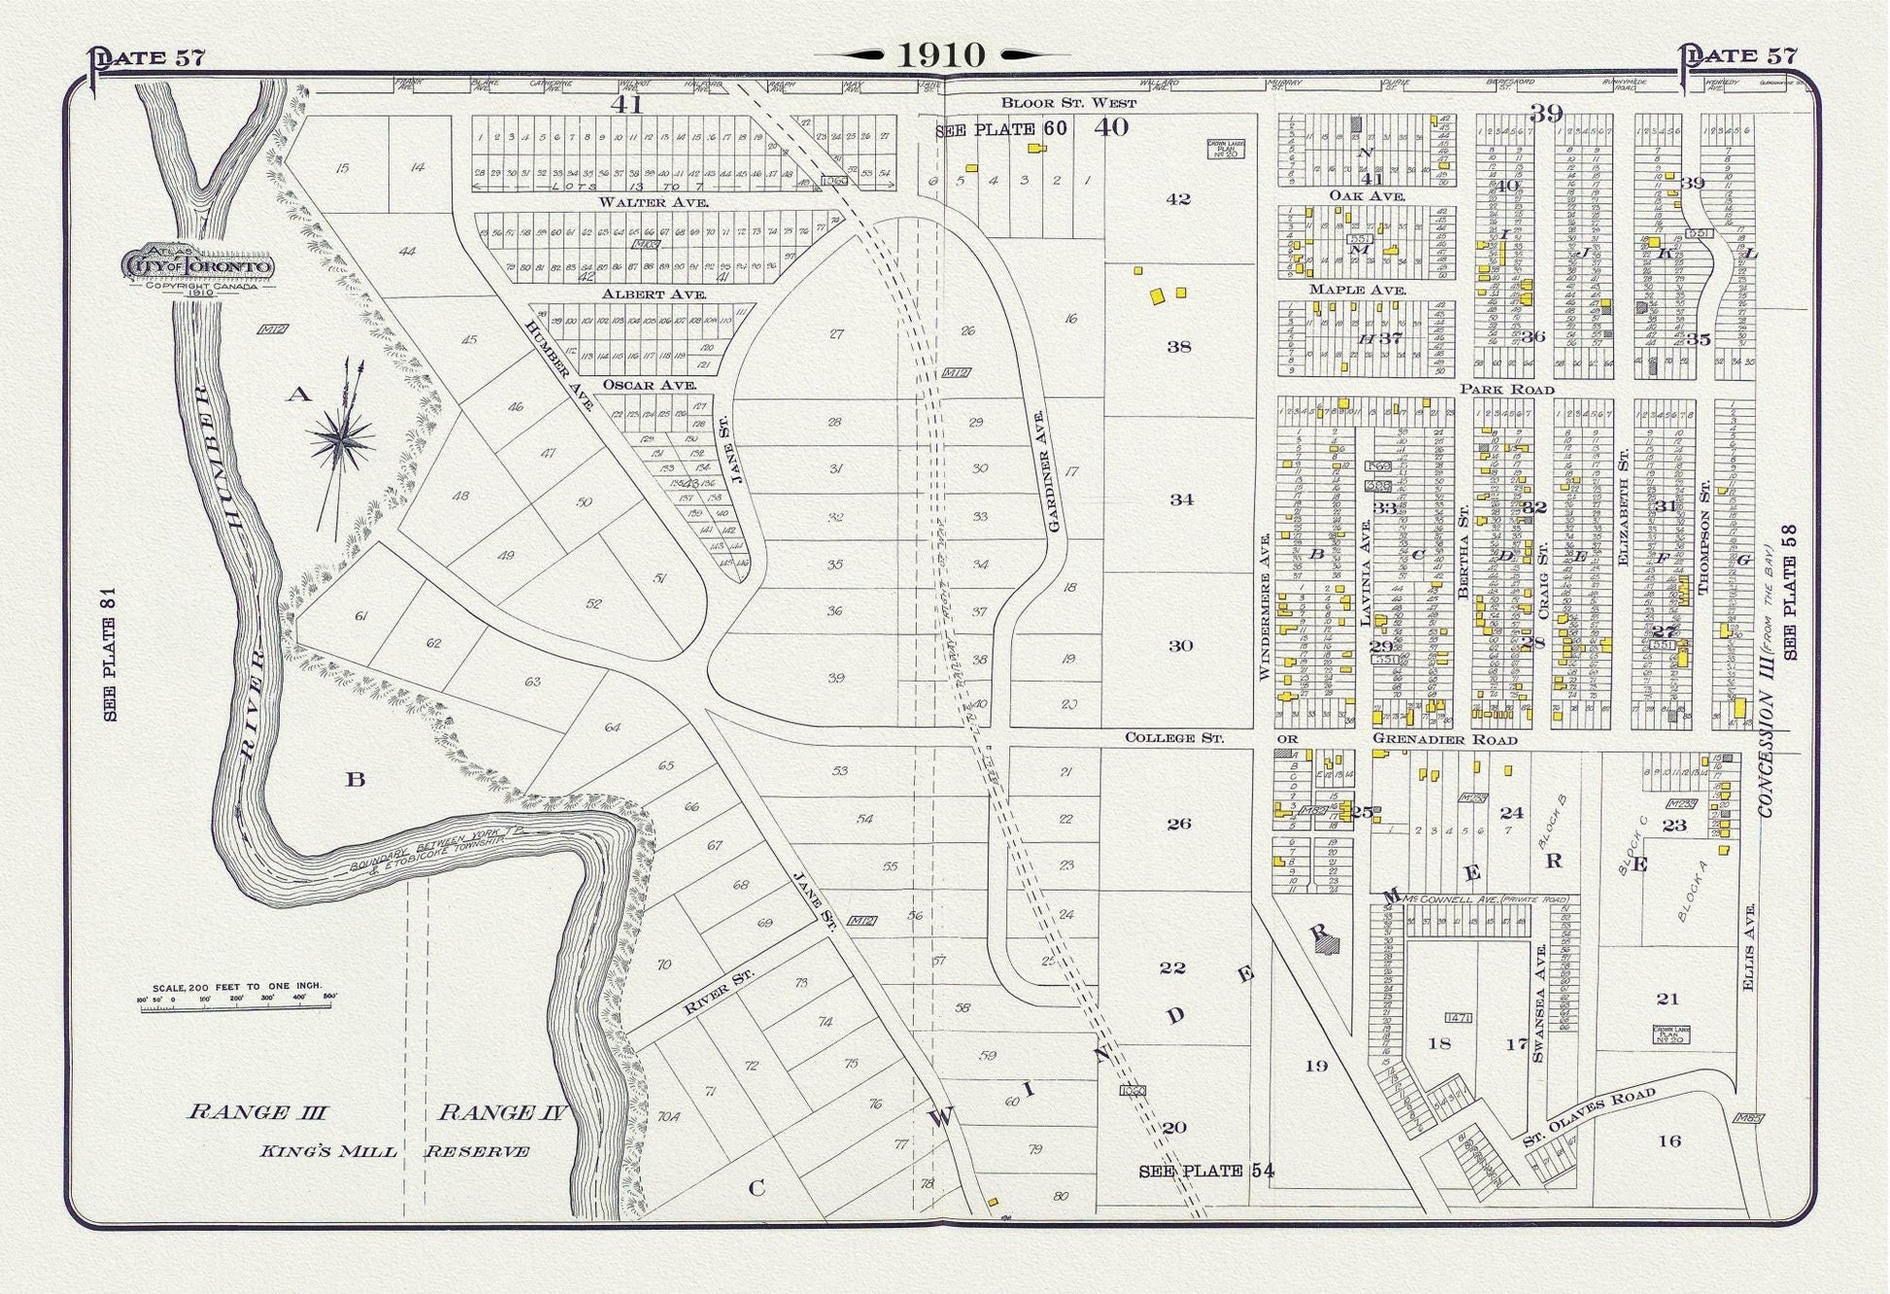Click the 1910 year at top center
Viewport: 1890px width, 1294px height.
[x=941, y=55]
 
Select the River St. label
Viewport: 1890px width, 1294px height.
[x=706, y=990]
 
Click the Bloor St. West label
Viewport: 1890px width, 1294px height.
[x=1068, y=102]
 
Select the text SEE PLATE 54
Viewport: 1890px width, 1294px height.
[x=1205, y=1172]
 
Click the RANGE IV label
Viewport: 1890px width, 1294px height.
[x=501, y=1113]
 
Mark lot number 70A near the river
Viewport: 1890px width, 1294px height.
[x=668, y=1117]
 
